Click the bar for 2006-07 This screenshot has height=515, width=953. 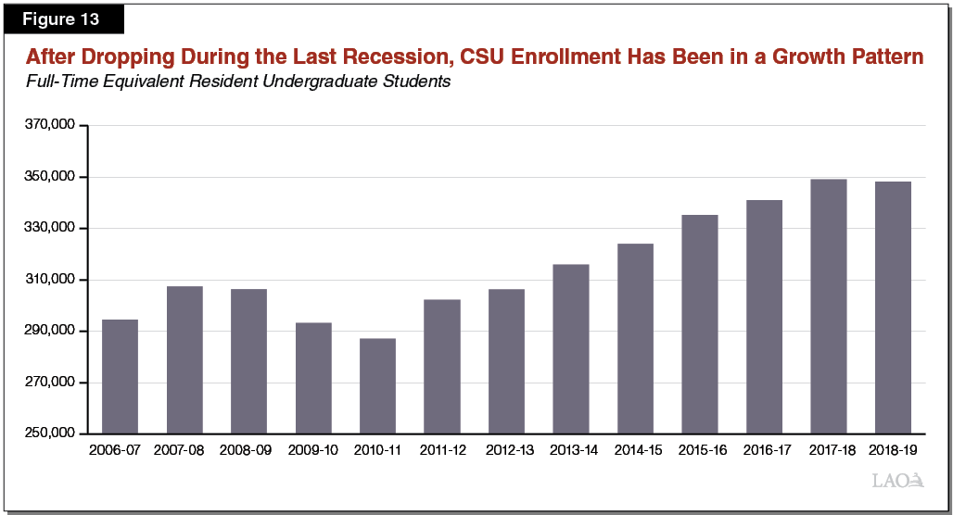tap(120, 377)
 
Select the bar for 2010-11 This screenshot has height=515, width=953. tap(377, 386)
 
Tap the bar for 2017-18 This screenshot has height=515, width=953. tap(828, 307)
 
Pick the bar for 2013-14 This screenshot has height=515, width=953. tap(570, 349)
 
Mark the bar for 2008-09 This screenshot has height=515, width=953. tap(248, 361)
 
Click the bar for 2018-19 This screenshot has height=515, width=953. tap(892, 308)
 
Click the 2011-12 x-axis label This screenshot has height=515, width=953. tap(441, 451)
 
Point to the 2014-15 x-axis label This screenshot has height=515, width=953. tap(634, 451)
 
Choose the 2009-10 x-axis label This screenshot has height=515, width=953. tap(312, 451)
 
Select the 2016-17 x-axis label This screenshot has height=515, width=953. tap(763, 451)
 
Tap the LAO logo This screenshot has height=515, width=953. tap(898, 480)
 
